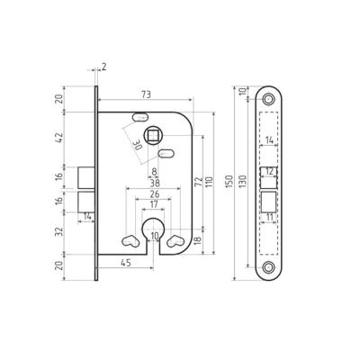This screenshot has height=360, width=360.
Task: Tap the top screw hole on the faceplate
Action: [269, 97]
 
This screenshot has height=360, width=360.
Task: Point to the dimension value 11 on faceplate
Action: [270, 217]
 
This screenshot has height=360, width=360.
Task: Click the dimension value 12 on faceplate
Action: [269, 170]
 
